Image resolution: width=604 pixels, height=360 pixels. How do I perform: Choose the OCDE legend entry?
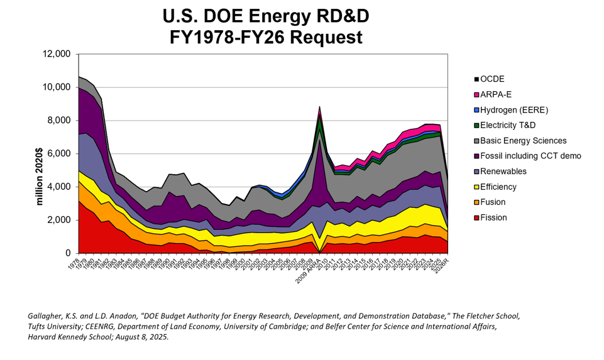[x=493, y=79]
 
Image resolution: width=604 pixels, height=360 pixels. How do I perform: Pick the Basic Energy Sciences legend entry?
[x=524, y=140]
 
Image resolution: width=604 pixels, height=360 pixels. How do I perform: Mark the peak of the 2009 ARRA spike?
[x=319, y=107]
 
